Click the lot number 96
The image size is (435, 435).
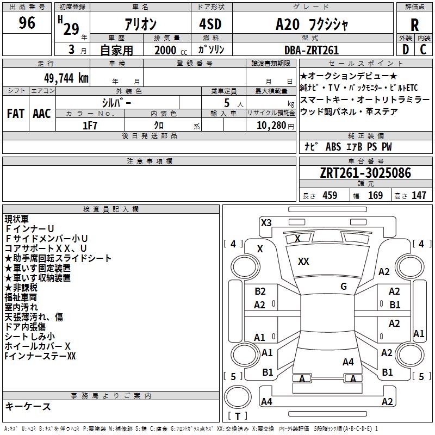point(27,23)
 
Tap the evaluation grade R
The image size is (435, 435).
point(414,25)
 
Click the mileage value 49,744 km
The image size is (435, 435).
point(64,78)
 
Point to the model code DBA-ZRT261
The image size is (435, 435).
point(311,50)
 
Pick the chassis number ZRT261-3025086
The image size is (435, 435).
point(365,173)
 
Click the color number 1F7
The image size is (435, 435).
point(90,126)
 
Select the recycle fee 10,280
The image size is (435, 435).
point(270,126)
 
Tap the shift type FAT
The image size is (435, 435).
point(15,114)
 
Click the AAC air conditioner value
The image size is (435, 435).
point(41,114)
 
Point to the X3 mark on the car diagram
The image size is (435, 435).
point(266,222)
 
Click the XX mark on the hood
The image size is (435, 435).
point(303,262)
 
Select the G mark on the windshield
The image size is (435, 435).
point(343,287)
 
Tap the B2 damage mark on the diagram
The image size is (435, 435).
point(260,291)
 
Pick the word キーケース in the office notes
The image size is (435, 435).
point(28,407)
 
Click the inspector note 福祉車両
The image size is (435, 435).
point(21,297)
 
